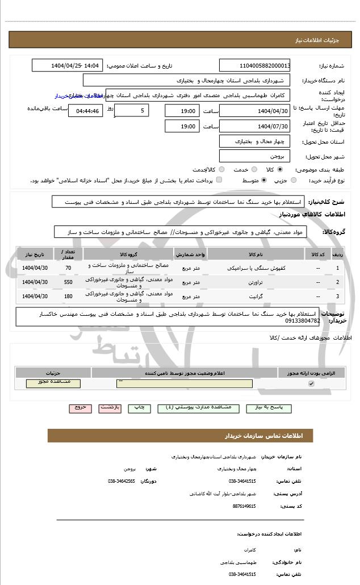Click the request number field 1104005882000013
[x=254, y=66]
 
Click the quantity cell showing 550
[x=68, y=282]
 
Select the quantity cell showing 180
[x=68, y=296]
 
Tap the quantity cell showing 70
[x=68, y=268]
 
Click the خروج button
[x=79, y=408]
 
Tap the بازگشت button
[x=110, y=408]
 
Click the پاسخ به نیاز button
[x=274, y=408]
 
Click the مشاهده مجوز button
[x=53, y=383]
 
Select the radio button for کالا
[x=280, y=169]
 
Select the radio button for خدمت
[x=253, y=169]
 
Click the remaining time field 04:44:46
[x=85, y=111]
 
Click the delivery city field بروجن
[x=254, y=156]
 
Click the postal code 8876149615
[x=245, y=505]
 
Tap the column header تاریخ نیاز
[x=35, y=253]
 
